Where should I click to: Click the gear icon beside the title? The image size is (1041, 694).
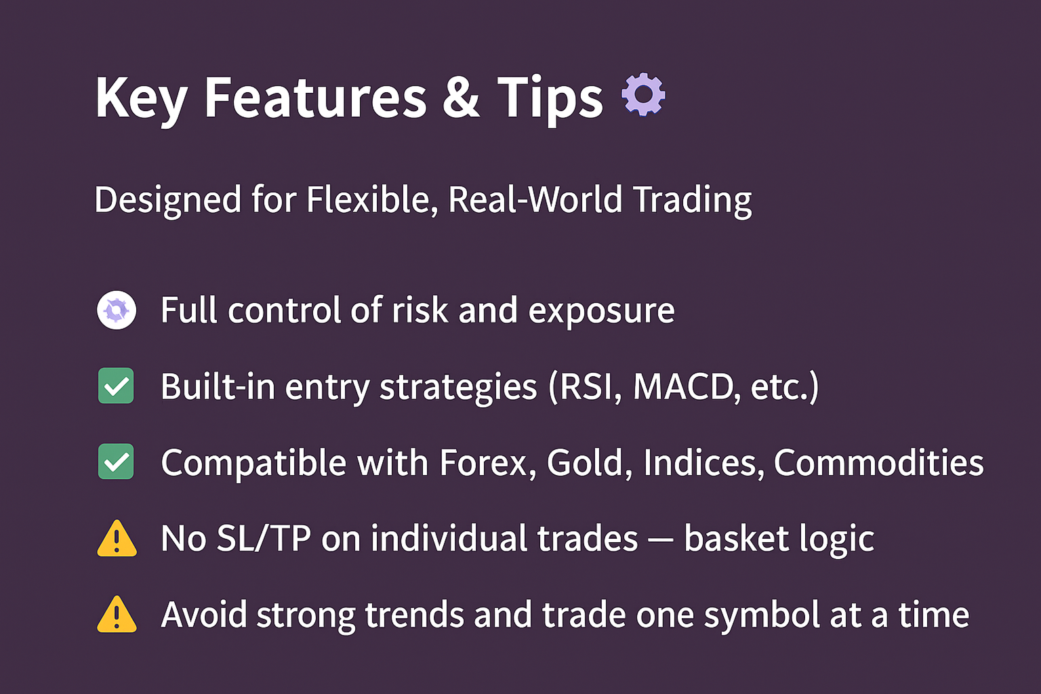click(x=643, y=94)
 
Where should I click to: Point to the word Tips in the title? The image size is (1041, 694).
click(x=550, y=100)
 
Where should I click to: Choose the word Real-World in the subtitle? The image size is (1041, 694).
click(x=535, y=199)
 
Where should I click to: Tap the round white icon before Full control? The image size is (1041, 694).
click(x=117, y=310)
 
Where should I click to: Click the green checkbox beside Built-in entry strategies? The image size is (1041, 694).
click(x=116, y=386)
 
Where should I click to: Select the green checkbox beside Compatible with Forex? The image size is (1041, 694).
click(x=116, y=462)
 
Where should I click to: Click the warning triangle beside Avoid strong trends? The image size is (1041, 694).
click(x=117, y=615)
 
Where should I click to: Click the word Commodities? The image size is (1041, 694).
click(x=879, y=463)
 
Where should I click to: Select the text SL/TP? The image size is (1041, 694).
click(x=264, y=539)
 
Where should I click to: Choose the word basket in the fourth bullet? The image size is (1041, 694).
click(x=737, y=539)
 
